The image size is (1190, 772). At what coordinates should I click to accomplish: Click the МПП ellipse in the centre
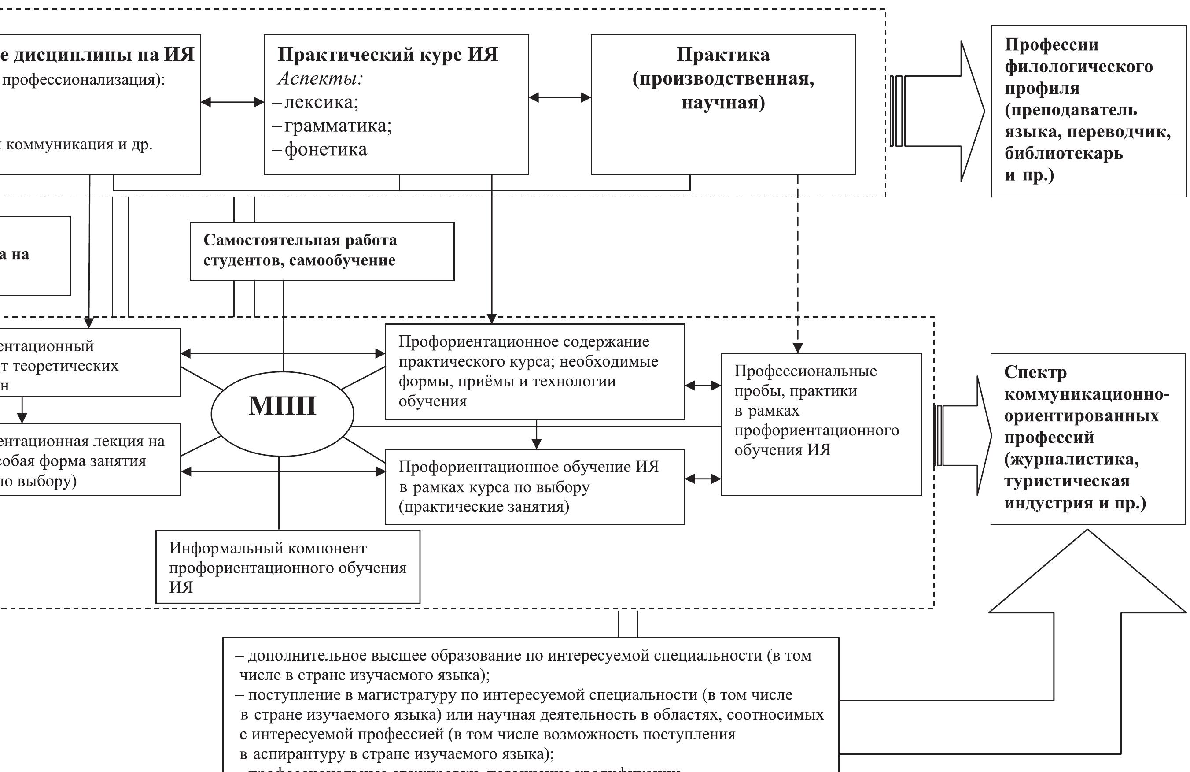tap(283, 413)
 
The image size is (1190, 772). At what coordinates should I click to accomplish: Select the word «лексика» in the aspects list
tap(321, 102)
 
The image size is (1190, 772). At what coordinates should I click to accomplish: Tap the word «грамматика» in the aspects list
tap(338, 126)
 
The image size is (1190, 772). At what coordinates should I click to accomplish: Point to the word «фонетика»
tap(325, 149)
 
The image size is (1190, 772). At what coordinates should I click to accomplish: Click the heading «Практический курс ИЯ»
tap(387, 55)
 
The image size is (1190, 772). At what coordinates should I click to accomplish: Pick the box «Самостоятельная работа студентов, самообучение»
tap(322, 251)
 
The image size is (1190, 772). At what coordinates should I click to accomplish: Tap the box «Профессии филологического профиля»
tap(1088, 111)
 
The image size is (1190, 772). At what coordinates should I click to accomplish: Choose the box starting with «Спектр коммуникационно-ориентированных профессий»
tap(1087, 438)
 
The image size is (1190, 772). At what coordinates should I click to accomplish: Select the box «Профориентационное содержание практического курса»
tap(534, 371)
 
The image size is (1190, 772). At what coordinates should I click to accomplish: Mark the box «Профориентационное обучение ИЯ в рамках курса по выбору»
tap(534, 486)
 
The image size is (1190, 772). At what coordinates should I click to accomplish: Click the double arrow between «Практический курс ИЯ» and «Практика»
tap(560, 97)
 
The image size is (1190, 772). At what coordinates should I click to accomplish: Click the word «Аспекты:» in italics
tap(320, 78)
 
